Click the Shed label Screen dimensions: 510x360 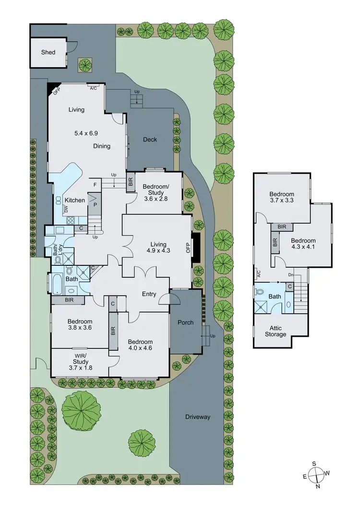[x=48, y=52]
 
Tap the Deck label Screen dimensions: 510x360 [x=150, y=140]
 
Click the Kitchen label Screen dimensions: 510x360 [x=74, y=200]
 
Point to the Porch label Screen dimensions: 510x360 [x=185, y=322]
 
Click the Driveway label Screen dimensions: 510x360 [x=198, y=417]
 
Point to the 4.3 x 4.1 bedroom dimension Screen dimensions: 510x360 [x=303, y=248]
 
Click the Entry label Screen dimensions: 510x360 [x=149, y=294]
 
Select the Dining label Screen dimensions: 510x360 [x=102, y=146]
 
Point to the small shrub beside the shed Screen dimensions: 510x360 [x=86, y=64]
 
